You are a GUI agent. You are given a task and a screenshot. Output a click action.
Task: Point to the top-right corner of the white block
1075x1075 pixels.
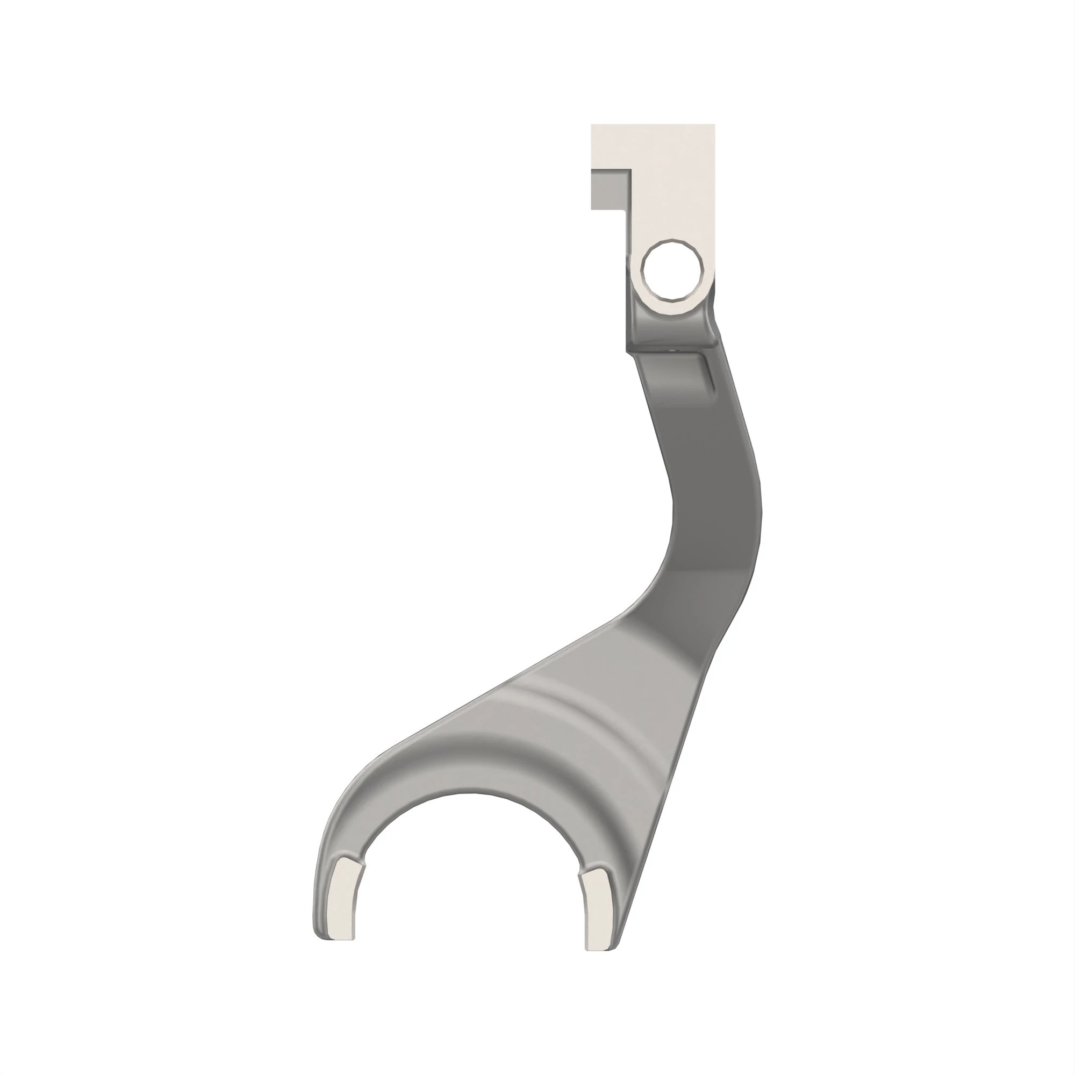714,125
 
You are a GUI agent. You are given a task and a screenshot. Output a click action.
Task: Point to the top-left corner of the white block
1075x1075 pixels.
592,125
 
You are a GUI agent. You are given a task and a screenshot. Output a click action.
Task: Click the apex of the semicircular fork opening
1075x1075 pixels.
471,793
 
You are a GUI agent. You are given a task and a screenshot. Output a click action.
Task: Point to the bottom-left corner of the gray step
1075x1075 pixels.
592,209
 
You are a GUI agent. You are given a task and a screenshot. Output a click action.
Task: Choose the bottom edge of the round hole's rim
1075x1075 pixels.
670,304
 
